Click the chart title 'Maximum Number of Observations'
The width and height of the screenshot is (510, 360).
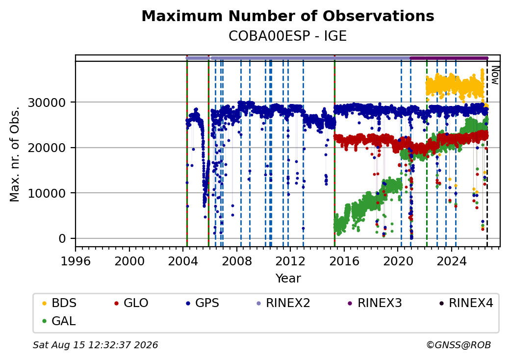(288, 16)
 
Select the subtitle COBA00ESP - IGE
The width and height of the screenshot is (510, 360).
(287, 36)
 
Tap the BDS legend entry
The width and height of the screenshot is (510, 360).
(59, 303)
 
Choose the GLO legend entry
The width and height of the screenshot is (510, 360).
(131, 303)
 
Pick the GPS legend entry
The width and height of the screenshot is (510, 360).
(203, 303)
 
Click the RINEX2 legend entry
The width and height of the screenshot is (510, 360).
(283, 303)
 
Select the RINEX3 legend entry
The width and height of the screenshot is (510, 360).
(375, 303)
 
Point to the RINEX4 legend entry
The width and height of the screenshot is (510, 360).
(466, 303)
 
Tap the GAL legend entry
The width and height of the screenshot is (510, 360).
(59, 321)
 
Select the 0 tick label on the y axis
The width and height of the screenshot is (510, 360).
(62, 239)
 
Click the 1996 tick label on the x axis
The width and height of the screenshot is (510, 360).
(76, 261)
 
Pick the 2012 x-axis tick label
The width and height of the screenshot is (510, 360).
(290, 261)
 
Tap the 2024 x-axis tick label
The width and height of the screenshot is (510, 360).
(452, 261)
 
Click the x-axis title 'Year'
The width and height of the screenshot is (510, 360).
(288, 279)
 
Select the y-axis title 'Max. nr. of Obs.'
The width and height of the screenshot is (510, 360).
(15, 154)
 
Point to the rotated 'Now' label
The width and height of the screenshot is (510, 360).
(495, 75)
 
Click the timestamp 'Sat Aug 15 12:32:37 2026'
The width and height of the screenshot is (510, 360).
(96, 345)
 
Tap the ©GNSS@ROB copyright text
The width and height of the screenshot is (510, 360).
(459, 345)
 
